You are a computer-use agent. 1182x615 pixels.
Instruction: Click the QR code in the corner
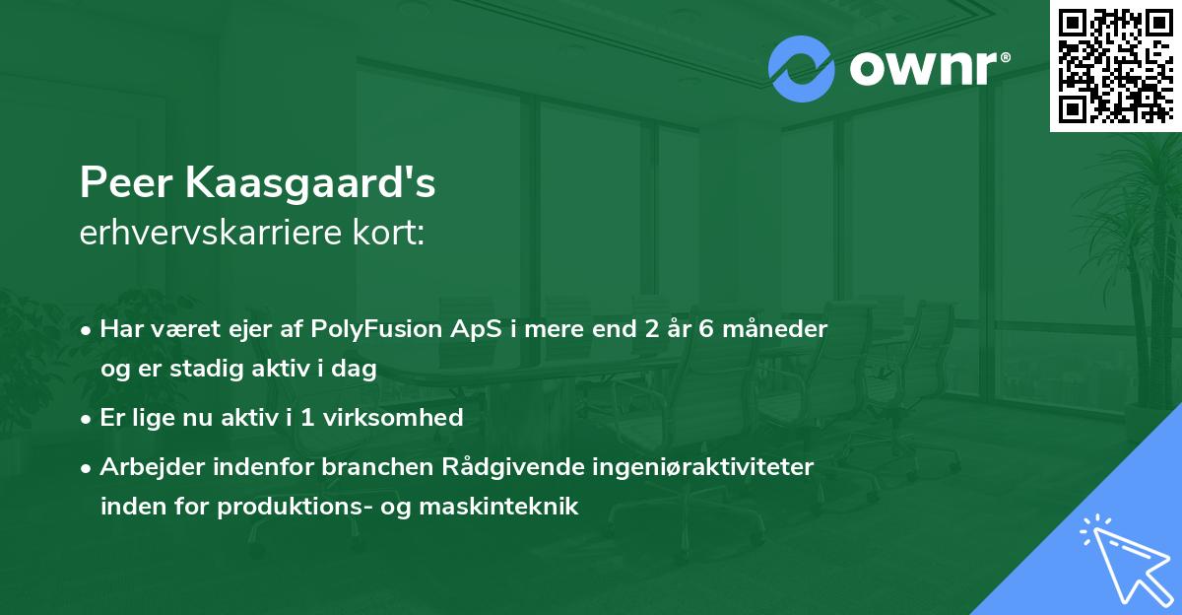(1116, 65)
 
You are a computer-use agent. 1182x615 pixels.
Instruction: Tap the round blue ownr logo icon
(802, 69)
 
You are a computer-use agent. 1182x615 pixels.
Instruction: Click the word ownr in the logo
(921, 69)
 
